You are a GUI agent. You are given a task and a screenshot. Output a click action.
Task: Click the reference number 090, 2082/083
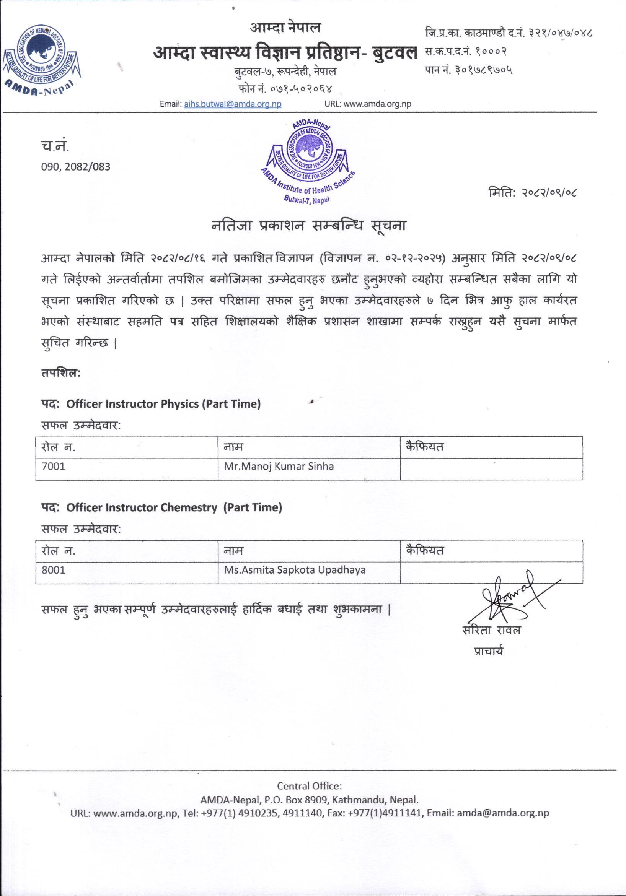point(76,167)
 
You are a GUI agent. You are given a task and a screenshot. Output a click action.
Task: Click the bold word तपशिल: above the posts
point(60,373)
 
